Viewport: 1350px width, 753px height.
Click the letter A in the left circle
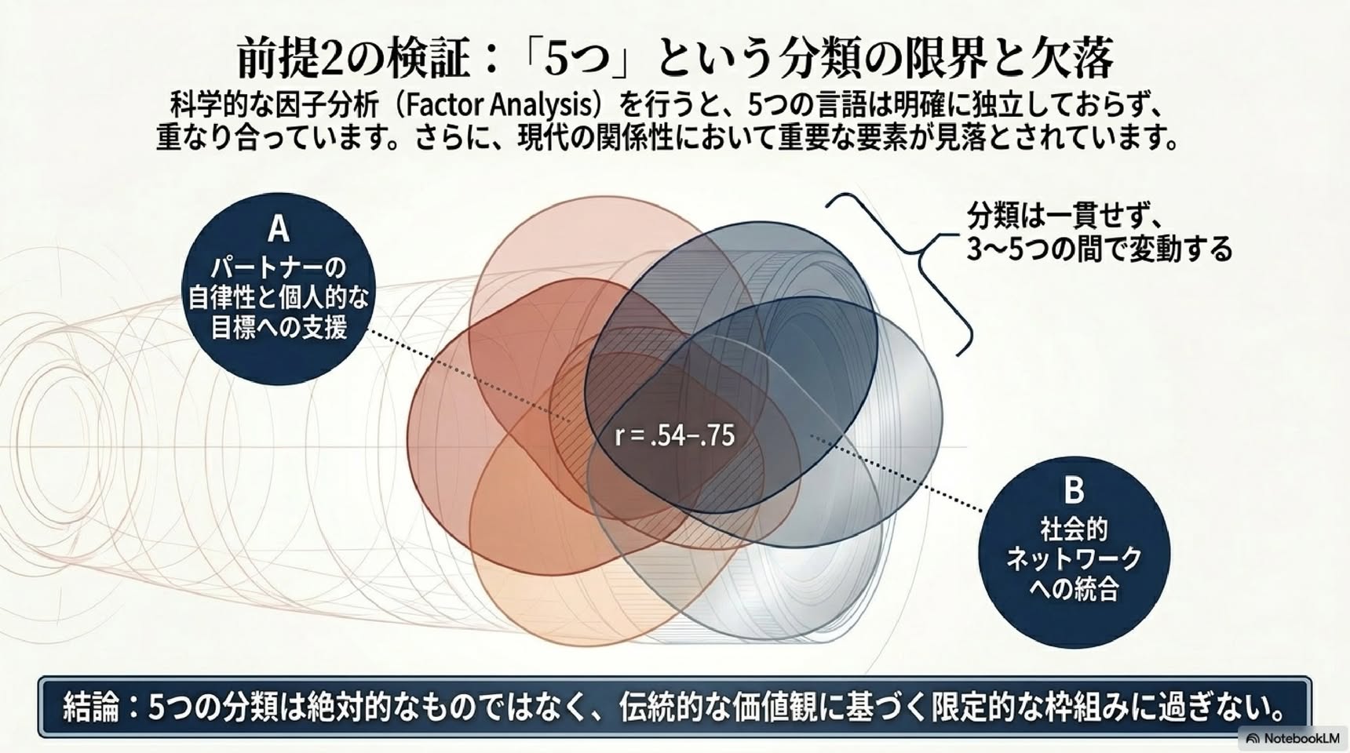[x=279, y=230]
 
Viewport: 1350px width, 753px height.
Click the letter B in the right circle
[x=1074, y=490]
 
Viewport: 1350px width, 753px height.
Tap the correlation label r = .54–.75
[x=674, y=435]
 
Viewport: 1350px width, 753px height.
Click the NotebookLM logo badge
[x=1293, y=737]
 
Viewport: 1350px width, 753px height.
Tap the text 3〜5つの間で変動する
[x=1099, y=249]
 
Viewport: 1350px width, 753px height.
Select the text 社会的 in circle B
[x=1074, y=530]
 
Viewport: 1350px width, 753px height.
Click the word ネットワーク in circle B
[x=1074, y=559]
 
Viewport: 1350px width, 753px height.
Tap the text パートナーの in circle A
[x=279, y=268]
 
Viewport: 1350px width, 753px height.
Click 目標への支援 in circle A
[x=279, y=327]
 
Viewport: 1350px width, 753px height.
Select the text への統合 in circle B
[x=1074, y=588]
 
